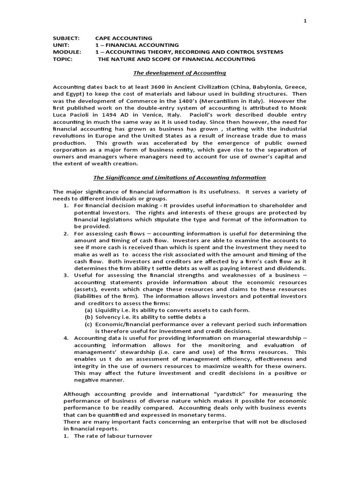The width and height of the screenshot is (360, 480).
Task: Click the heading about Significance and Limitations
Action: pos(180,178)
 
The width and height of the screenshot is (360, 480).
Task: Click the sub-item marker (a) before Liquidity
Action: pos(88,310)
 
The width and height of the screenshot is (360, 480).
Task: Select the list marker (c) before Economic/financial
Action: pos(88,324)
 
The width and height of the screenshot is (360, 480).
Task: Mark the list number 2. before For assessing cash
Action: pos(67,233)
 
